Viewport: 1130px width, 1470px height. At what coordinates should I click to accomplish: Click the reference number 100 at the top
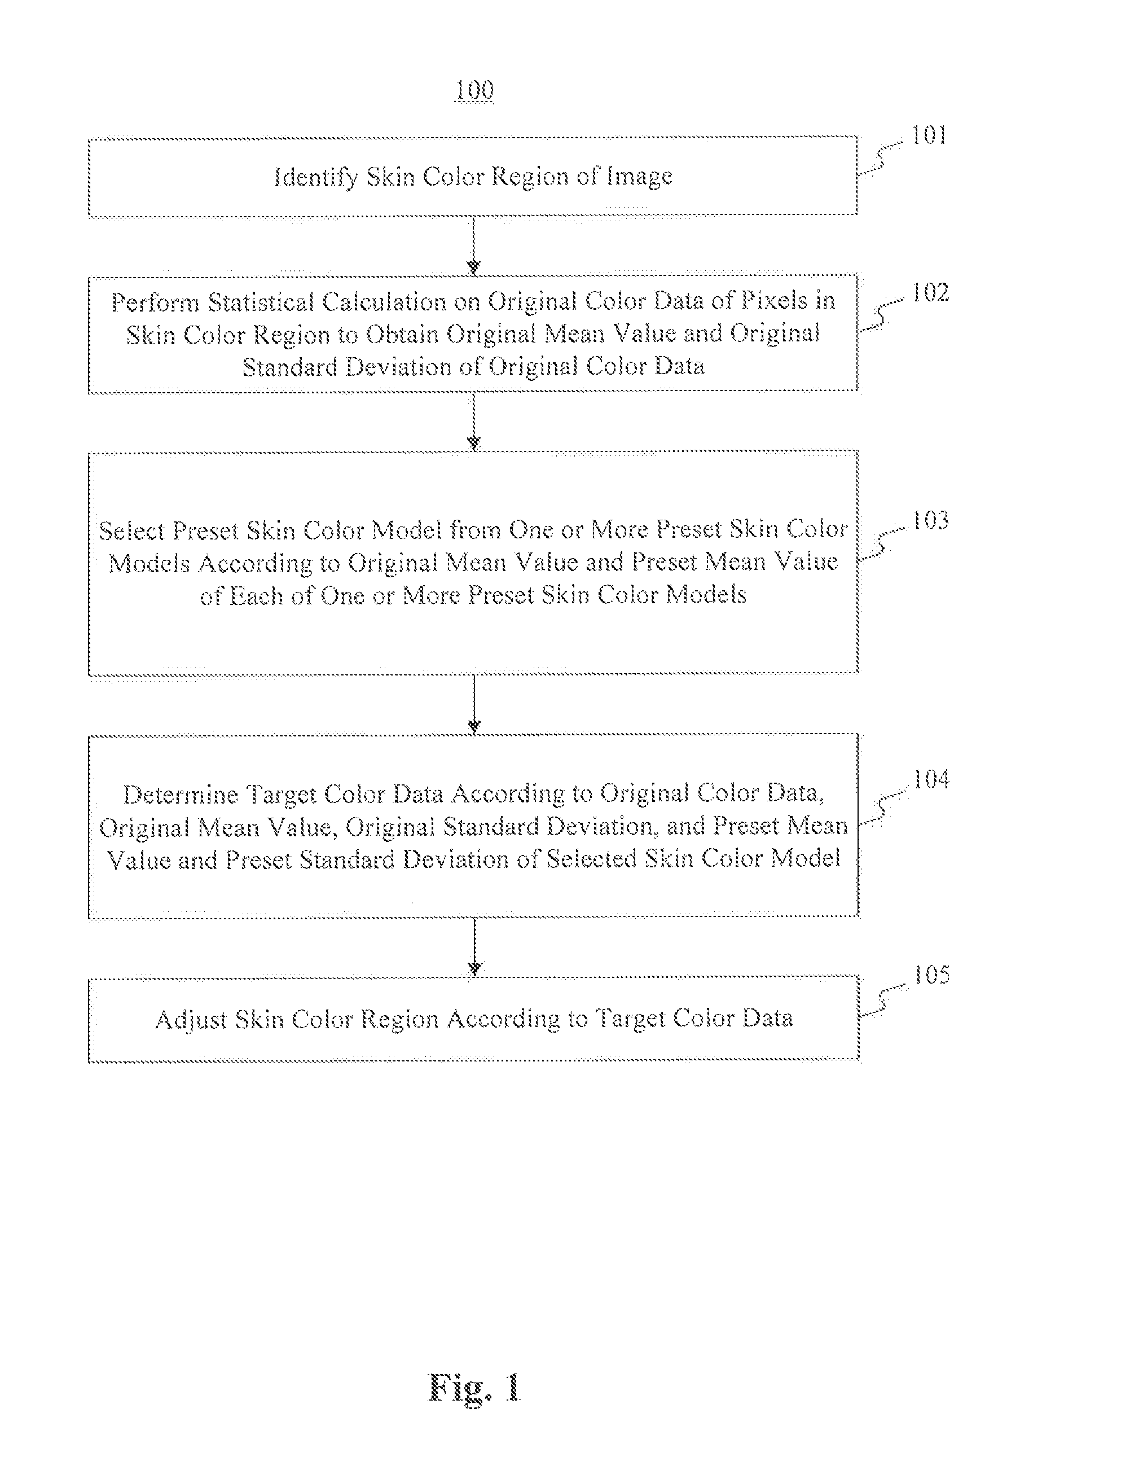pyautogui.click(x=474, y=90)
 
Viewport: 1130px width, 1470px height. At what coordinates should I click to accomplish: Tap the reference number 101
pyautogui.click(x=929, y=136)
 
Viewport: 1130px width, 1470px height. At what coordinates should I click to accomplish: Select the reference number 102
pyautogui.click(x=930, y=293)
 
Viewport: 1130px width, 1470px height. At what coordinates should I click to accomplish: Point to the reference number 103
pyautogui.click(x=930, y=520)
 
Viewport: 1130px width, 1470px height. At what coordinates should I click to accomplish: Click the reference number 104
pyautogui.click(x=931, y=779)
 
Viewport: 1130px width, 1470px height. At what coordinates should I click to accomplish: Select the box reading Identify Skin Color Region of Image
pyautogui.click(x=473, y=177)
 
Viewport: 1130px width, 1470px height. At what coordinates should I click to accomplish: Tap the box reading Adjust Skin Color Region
pyautogui.click(x=473, y=1019)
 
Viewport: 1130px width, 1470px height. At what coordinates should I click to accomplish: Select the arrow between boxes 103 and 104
pyautogui.click(x=474, y=704)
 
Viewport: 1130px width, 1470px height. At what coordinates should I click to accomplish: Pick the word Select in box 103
pyautogui.click(x=132, y=531)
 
